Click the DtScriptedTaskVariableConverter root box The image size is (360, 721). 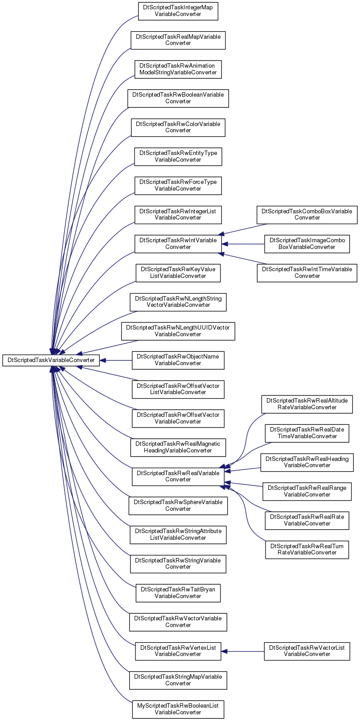51,360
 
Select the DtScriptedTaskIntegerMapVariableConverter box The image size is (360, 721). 178,11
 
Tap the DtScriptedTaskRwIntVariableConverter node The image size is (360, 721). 178,244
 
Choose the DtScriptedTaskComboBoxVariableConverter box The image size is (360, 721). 307,215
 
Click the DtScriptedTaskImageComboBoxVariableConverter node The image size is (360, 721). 307,244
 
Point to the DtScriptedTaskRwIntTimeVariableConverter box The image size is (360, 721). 307,273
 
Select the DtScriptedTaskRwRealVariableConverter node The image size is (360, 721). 178,477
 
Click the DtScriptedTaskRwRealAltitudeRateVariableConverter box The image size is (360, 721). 307,404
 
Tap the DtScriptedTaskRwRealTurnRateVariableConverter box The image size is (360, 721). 307,550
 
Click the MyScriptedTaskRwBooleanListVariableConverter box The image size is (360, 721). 178,709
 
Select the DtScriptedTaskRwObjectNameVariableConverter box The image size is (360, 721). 178,360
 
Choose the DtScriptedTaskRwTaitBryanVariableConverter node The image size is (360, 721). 178,593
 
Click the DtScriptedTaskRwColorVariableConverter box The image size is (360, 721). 178,127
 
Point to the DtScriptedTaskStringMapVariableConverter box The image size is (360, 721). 178,680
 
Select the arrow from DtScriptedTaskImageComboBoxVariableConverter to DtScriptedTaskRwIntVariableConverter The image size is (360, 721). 243,244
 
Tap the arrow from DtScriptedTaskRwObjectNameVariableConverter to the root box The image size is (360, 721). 116,360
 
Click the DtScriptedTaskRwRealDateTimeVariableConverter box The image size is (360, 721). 307,433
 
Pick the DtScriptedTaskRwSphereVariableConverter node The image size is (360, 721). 178,505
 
